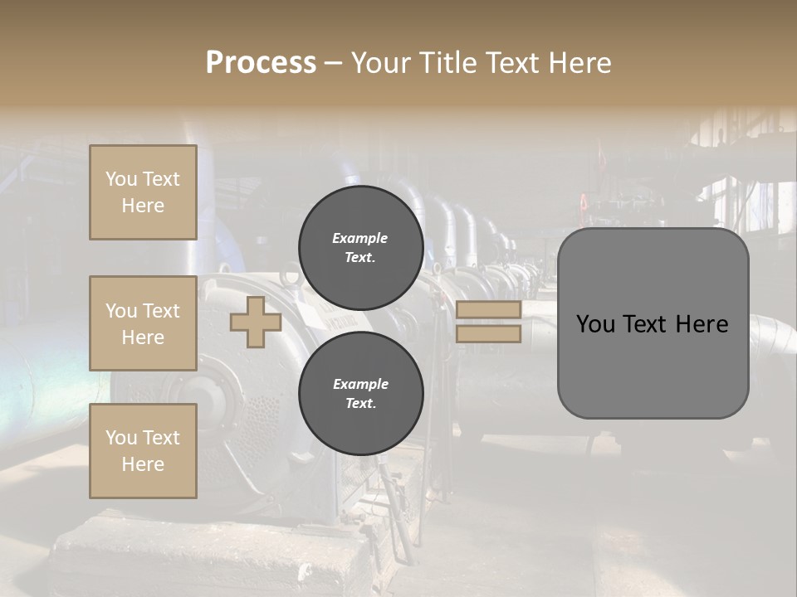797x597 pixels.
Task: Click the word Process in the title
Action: click(261, 63)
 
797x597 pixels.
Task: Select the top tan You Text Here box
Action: click(143, 192)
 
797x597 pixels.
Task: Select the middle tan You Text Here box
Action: click(143, 323)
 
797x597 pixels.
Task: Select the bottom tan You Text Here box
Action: click(143, 450)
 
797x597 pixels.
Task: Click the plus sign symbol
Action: click(256, 322)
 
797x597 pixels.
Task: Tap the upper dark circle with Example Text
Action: click(360, 248)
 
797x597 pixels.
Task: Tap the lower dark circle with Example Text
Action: click(360, 394)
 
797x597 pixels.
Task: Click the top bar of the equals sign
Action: click(489, 310)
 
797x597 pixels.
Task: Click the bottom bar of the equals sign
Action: click(489, 334)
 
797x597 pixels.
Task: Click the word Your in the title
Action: click(382, 63)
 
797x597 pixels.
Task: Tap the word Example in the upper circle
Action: click(360, 238)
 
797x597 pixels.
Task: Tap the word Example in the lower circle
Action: click(360, 384)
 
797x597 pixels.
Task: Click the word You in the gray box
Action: click(595, 324)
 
